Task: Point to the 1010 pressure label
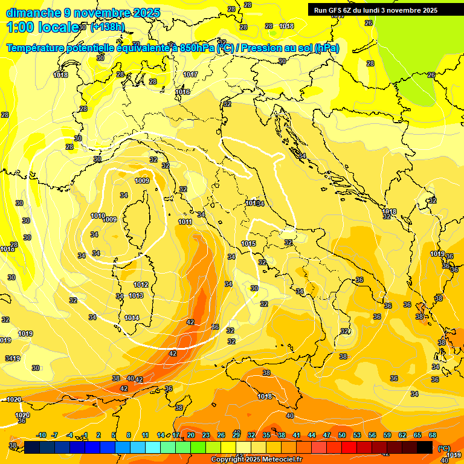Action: (x=97, y=216)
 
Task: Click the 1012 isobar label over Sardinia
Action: (x=141, y=285)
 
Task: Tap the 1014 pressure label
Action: (x=132, y=318)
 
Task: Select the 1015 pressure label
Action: (x=248, y=243)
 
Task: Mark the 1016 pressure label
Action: (x=182, y=92)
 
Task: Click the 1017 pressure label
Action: (x=190, y=74)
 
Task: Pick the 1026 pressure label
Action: (x=13, y=399)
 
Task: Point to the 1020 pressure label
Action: (x=22, y=415)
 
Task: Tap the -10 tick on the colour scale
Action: (x=41, y=436)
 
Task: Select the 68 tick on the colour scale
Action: (x=433, y=436)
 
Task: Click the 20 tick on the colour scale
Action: (x=190, y=436)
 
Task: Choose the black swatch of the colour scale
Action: (x=425, y=447)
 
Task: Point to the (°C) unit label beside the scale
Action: (x=444, y=449)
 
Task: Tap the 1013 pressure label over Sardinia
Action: (x=136, y=295)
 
